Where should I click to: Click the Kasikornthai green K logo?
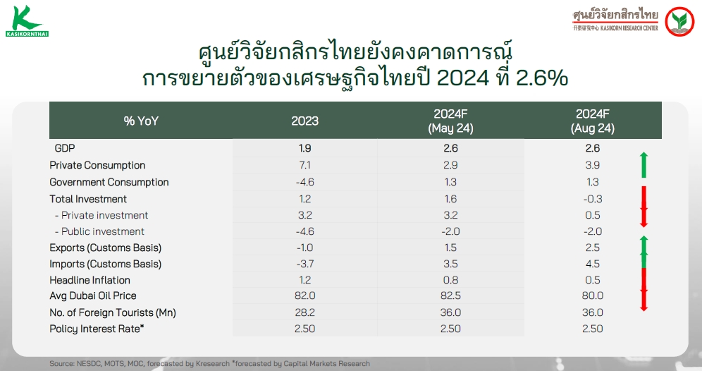27,20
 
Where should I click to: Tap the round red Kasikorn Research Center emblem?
679,21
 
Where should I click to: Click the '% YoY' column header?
141,121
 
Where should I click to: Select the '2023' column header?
305,121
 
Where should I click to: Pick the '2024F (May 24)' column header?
450,121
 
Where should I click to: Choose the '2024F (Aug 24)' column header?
592,121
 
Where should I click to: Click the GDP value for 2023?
305,148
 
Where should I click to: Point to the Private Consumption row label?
97,165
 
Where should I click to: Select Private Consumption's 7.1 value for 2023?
305,165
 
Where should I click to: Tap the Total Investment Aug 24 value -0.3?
592,199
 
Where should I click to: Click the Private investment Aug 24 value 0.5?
592,215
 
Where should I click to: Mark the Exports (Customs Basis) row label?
105,248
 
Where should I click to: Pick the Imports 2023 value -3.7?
305,264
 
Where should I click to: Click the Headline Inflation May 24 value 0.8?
450,280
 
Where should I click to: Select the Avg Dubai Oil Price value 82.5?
450,296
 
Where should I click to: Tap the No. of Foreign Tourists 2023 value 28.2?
305,312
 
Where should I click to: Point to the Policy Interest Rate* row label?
97,329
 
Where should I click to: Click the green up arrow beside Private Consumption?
643,165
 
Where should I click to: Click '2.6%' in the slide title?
542,78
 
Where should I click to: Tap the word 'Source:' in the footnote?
62,363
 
